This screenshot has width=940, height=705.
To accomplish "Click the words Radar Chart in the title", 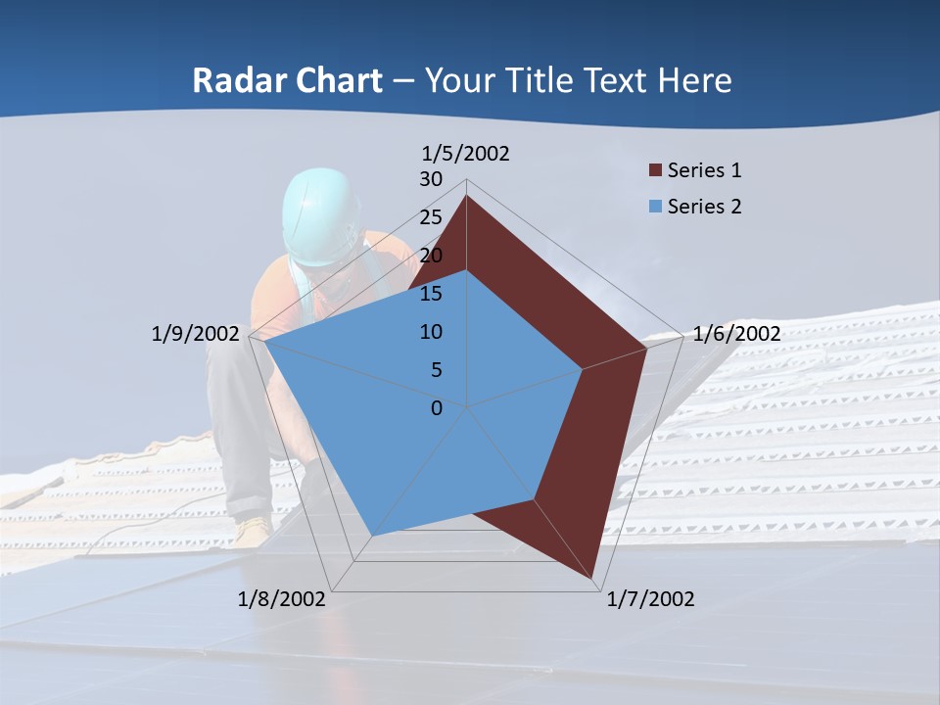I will (x=287, y=80).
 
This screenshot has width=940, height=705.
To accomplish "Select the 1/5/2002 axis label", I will (x=466, y=154).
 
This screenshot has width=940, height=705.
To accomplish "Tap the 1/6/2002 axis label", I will (x=736, y=334).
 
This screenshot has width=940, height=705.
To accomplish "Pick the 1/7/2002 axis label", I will (x=650, y=599).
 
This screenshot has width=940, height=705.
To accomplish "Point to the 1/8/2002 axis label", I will (x=282, y=599).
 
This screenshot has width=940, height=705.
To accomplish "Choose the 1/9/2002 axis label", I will (x=195, y=334).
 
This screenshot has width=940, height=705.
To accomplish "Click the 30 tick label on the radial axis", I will (x=431, y=179).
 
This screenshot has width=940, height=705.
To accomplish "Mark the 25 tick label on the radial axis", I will (x=431, y=217).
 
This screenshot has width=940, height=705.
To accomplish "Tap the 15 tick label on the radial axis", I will (x=431, y=294).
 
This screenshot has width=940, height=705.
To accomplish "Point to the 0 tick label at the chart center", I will (x=437, y=408).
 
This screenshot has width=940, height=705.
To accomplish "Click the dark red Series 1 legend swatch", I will (x=655, y=171).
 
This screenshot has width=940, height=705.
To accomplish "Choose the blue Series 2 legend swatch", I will (x=655, y=207).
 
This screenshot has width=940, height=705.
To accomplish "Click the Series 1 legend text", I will (x=704, y=170).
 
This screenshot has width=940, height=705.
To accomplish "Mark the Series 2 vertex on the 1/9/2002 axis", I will (x=264, y=341).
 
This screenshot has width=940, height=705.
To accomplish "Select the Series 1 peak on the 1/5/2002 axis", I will (x=466, y=196).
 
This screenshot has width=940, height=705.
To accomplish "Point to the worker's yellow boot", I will (x=253, y=531).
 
